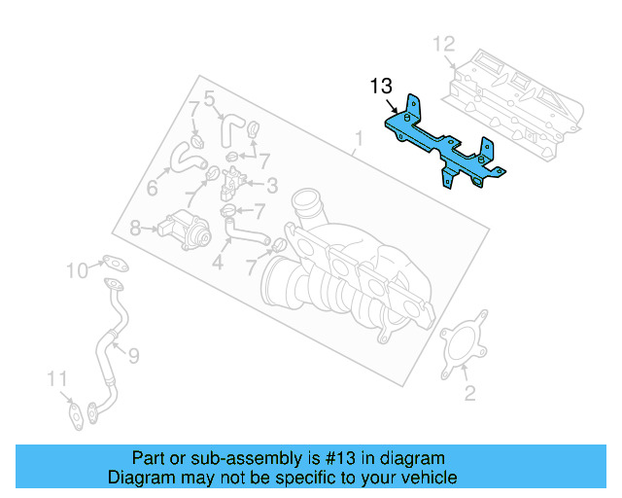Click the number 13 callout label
click(381, 87)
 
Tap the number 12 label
click(443, 43)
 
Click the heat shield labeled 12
click(515, 92)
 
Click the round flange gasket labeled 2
click(463, 348)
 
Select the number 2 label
click(469, 393)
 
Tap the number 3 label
click(272, 185)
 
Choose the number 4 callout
click(218, 263)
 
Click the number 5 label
click(209, 97)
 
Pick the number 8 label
click(134, 229)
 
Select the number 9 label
click(133, 356)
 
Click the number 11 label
click(58, 377)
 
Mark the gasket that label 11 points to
click(76, 412)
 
